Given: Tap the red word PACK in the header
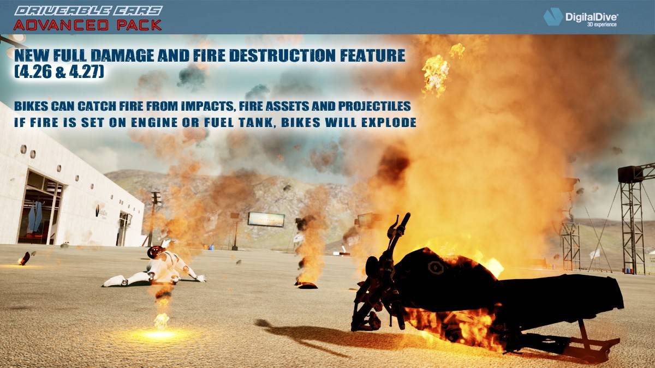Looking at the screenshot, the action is point(139,25).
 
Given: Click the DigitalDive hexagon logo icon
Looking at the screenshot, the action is point(553,16).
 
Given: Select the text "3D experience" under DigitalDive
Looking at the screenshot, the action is point(602,25).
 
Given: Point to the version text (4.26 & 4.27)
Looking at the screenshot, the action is point(59,71).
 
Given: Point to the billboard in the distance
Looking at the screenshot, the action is point(266,219).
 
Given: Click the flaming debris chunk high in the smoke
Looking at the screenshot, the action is point(436,74).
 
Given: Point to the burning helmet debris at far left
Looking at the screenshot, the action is point(24,259).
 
